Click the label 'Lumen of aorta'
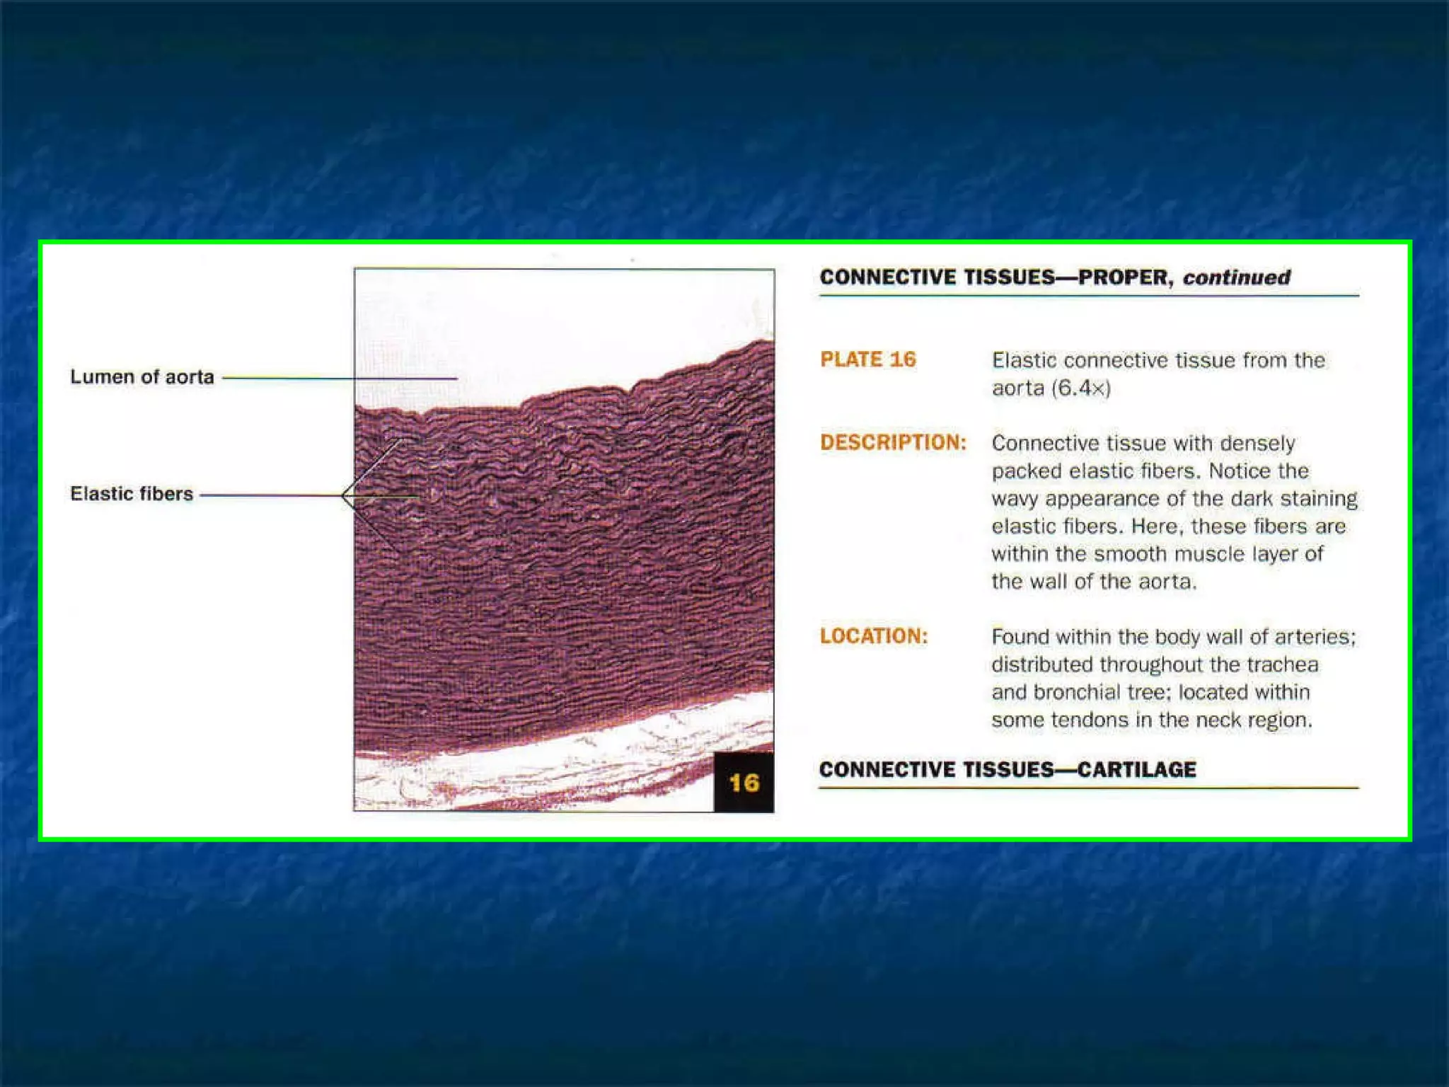point(142,376)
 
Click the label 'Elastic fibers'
point(131,493)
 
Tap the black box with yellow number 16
point(743,783)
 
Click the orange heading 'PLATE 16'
point(867,360)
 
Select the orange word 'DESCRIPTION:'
point(893,442)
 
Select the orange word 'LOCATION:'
point(873,636)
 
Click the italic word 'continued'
point(1236,277)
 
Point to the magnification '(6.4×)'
point(1080,388)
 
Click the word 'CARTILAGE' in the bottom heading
point(1136,769)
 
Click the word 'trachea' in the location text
point(1282,665)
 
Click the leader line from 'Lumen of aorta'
point(340,378)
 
